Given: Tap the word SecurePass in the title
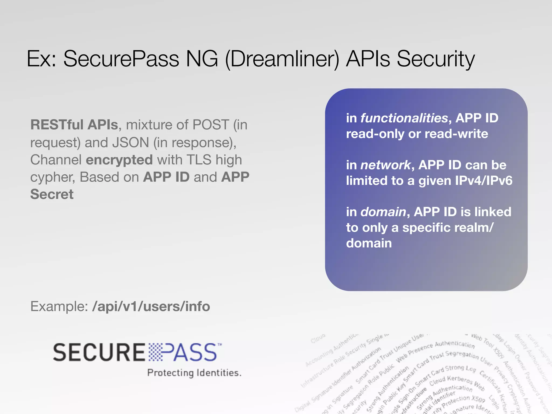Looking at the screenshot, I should pos(121,59).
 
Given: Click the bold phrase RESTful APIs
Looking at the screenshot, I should pos(74,125).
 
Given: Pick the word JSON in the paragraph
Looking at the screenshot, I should pos(130,142).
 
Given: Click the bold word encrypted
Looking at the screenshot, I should pos(119,160).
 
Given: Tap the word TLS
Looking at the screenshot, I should pos(199,160).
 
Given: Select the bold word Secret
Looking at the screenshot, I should pos(52,194).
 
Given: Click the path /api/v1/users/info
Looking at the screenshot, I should pos(151,306).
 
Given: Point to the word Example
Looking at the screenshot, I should pos(59,306).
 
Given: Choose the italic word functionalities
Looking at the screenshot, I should pos(404,118).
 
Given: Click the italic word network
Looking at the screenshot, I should pos(386,165).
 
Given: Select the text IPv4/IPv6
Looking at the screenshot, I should pos(484,181).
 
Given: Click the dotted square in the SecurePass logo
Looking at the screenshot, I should pos(156,352).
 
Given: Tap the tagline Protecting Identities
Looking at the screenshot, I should pos(194,373).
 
